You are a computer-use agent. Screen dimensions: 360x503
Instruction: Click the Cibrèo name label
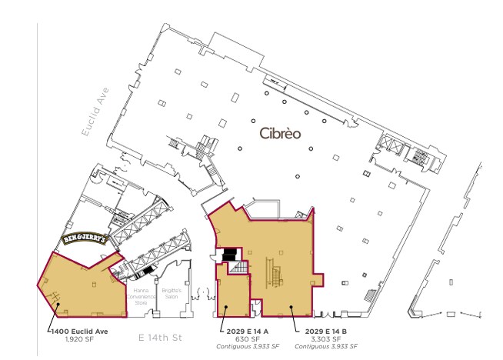280,133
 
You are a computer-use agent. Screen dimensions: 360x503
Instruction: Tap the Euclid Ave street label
95,112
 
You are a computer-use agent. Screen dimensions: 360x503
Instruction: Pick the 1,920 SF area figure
78,338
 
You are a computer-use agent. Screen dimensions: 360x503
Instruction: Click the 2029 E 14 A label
242,331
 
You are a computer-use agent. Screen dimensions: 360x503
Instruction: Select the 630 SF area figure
242,338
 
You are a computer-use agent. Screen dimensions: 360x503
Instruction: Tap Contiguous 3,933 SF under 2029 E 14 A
242,346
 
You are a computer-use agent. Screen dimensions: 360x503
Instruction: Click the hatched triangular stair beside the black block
239,268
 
